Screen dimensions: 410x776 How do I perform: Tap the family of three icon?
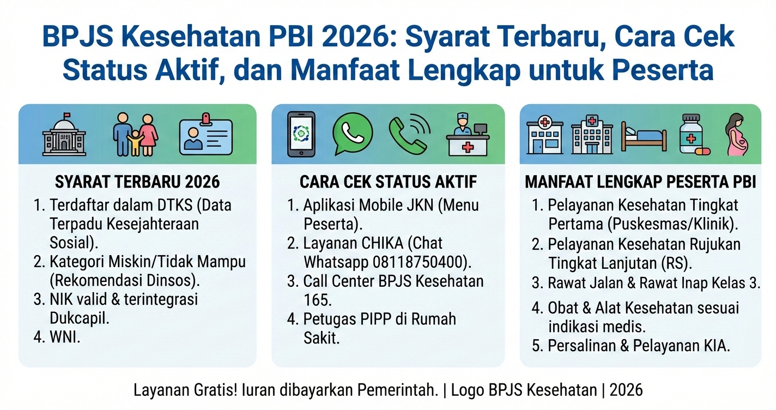tap(136, 134)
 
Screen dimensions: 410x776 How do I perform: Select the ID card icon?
tap(206, 134)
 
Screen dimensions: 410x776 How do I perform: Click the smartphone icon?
tap(301, 134)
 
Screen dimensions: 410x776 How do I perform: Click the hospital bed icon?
tap(644, 136)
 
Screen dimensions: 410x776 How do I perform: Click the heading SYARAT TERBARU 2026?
tap(137, 182)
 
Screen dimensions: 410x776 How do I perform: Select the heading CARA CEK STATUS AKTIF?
tap(388, 182)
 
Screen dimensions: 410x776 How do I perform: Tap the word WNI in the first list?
tap(64, 337)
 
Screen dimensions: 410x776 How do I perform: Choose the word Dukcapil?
tap(80, 318)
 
